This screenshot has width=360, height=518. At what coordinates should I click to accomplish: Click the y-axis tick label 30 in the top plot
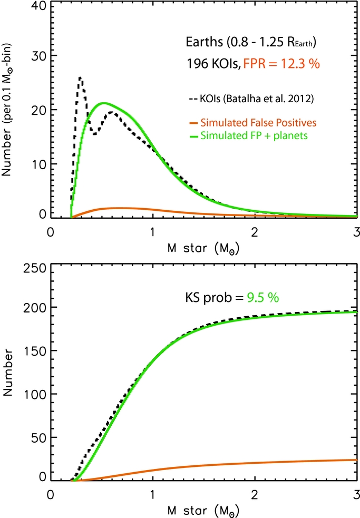point(39,56)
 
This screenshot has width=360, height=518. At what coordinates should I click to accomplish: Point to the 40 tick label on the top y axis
point(39,6)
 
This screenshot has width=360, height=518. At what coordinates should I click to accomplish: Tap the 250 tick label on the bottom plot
point(35,268)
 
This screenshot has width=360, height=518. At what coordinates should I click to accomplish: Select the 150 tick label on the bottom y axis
point(35,351)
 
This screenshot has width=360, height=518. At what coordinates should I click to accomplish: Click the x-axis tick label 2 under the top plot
point(254,232)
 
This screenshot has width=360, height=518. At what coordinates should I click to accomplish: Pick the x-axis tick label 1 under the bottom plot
point(152,494)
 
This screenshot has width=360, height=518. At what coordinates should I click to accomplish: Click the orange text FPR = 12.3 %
point(281,63)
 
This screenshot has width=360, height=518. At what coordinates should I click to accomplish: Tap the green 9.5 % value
point(263,298)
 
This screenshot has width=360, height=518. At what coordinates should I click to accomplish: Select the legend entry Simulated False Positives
point(253,123)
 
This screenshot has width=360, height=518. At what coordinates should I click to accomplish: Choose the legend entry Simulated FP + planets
point(248,136)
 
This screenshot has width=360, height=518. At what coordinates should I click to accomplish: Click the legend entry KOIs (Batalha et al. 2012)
point(251,99)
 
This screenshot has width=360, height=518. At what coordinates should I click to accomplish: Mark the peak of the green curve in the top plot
point(104,103)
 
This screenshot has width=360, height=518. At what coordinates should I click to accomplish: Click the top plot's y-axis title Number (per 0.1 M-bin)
point(7,110)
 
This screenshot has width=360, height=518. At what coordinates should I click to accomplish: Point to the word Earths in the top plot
point(205,42)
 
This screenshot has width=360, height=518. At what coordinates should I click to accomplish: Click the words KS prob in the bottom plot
point(209,298)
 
